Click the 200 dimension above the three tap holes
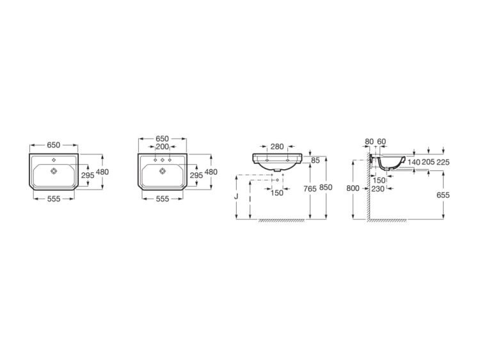[x=163, y=147]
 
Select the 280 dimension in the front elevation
[x=276, y=147]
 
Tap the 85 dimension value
[x=315, y=160]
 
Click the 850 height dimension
[x=327, y=188]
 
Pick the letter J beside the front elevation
[x=237, y=197]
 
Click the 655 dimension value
[x=444, y=194]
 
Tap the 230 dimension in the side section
[x=378, y=188]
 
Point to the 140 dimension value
[x=414, y=162]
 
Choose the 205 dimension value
[x=429, y=162]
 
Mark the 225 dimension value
[x=444, y=162]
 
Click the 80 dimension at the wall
[x=368, y=142]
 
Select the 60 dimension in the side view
[x=381, y=142]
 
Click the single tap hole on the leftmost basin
[x=54, y=159]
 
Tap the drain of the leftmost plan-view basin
[x=54, y=171]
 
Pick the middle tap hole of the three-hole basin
[x=163, y=159]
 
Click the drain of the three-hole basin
[x=163, y=171]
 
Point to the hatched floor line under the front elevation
[x=288, y=221]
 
